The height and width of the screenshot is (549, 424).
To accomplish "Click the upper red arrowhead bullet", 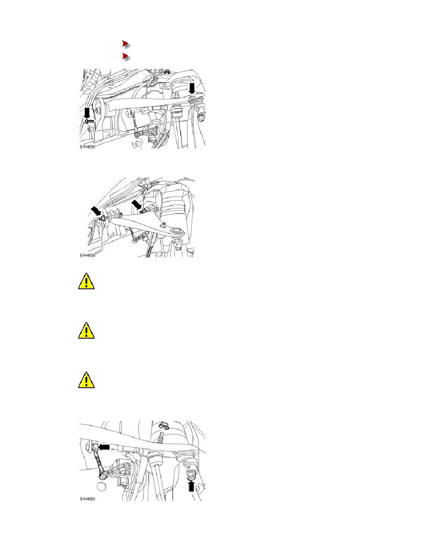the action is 125,44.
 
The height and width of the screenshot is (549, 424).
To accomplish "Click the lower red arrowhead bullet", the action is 125,56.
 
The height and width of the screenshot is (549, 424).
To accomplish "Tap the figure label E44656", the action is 87,146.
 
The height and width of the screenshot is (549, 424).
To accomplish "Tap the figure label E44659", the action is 87,255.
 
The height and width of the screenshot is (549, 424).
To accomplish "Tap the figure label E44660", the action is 87,499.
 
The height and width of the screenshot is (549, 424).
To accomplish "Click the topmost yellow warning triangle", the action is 86,281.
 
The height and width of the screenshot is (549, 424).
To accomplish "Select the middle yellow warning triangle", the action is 86,331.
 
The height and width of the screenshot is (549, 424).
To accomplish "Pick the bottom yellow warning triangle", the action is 86,380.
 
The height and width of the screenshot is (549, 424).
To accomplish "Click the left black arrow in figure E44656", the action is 87,113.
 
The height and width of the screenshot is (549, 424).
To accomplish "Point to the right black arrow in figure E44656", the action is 192,88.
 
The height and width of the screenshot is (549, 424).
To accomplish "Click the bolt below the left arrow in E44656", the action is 89,121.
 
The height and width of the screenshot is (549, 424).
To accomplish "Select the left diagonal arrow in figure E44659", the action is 96,211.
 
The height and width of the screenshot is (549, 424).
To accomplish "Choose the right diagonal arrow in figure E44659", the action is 136,204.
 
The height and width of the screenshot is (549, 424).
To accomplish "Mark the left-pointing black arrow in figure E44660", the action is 104,447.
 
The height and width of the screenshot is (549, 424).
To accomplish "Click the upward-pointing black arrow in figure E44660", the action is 191,486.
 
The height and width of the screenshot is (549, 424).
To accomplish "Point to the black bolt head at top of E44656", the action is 167,71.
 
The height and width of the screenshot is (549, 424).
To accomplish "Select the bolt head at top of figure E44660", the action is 164,426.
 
